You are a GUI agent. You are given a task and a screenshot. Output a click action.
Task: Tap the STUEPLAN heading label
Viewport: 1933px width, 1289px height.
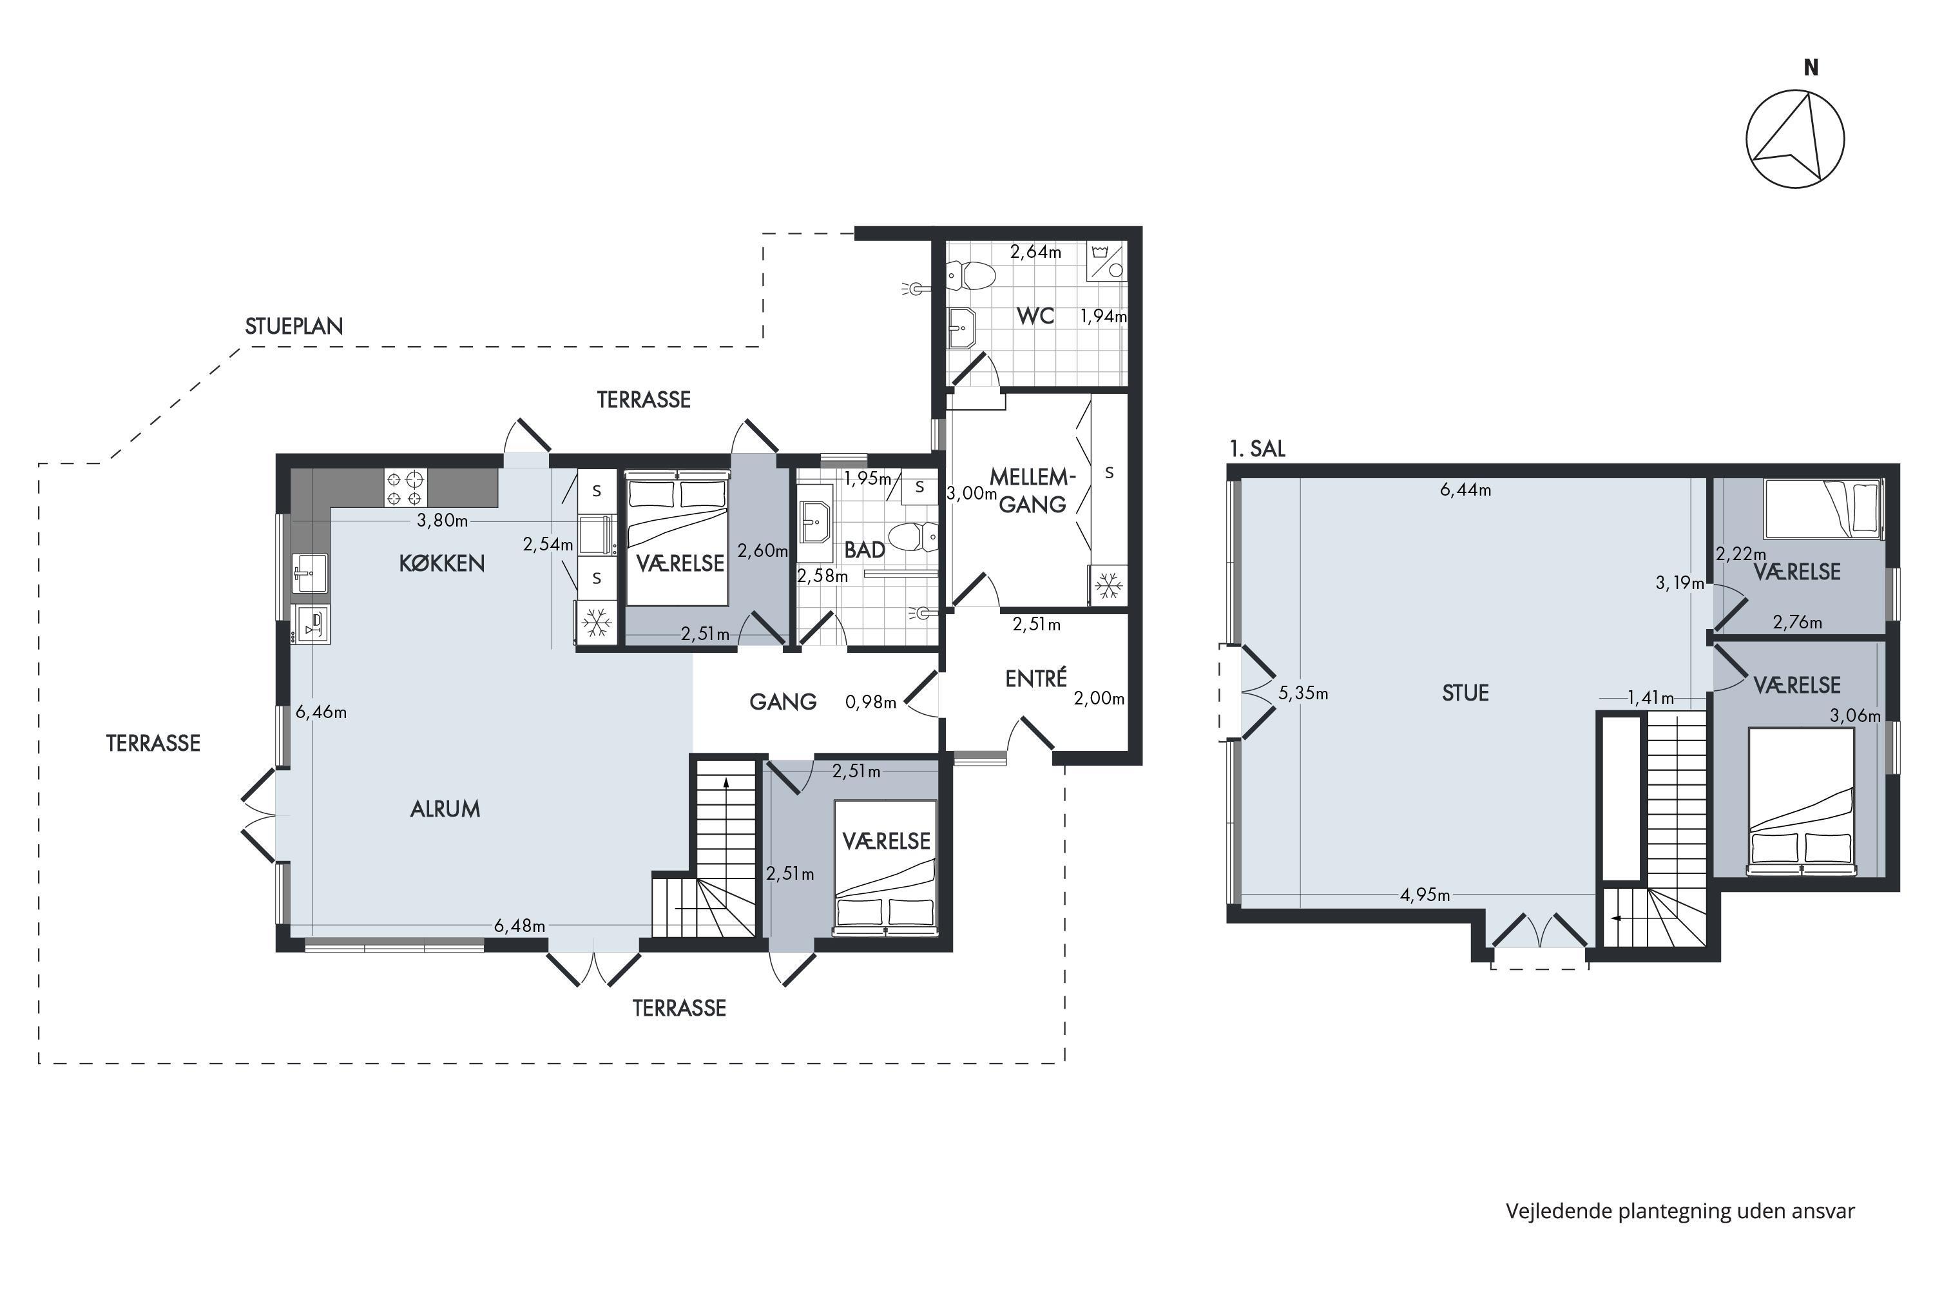(293, 326)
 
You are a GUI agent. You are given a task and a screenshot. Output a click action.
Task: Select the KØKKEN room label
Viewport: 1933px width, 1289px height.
(441, 563)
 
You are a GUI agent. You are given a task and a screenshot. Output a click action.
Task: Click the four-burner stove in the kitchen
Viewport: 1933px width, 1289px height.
(405, 487)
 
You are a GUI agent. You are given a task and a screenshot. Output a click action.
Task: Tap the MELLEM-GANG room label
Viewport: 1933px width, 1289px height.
(1032, 490)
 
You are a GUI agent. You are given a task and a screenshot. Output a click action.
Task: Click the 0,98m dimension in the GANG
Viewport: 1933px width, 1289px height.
(870, 702)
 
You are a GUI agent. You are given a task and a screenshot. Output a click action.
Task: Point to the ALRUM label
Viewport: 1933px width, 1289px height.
(445, 809)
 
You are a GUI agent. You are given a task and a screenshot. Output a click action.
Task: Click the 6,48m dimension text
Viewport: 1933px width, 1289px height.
(519, 926)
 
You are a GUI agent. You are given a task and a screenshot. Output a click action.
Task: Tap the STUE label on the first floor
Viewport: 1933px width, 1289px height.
(1465, 693)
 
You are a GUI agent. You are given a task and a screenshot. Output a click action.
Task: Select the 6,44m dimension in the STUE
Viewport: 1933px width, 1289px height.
(1465, 490)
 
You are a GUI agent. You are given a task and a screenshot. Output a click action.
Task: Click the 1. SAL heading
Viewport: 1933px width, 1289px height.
(1256, 449)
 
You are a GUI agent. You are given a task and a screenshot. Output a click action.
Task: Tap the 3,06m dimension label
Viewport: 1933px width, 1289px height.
(1855, 716)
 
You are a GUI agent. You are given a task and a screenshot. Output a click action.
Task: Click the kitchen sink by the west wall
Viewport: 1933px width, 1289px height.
(310, 573)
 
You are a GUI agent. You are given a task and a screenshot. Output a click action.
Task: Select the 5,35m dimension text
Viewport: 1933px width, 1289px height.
(1303, 693)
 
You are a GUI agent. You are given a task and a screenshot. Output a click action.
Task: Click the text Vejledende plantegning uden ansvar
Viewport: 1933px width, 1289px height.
(1680, 1211)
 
